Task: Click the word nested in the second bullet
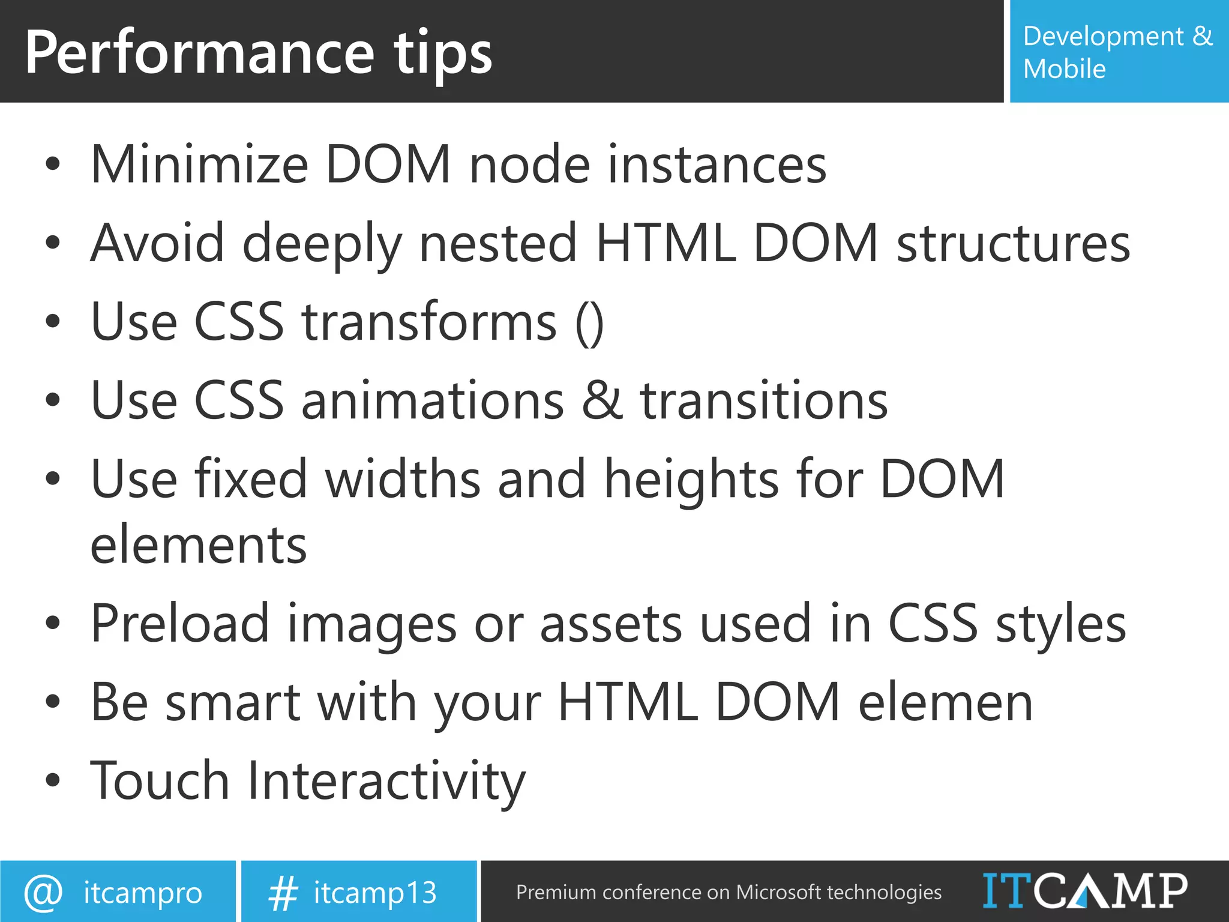coord(497,243)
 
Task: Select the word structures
coord(1013,243)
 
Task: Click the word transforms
coord(429,323)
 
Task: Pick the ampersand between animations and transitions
coord(602,401)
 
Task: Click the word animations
coord(432,401)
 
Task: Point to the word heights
coord(691,480)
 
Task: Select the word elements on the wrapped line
coord(198,545)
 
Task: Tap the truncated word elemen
coord(945,702)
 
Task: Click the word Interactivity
coord(386,782)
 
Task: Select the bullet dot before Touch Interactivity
coord(53,780)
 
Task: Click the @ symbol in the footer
coord(43,893)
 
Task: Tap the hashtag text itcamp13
coord(375,893)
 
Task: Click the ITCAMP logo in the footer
coord(1084,891)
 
